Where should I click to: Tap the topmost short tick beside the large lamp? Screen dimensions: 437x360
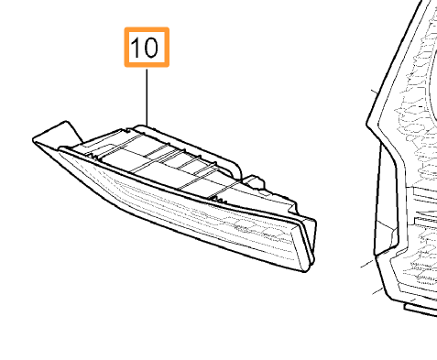tap(374, 92)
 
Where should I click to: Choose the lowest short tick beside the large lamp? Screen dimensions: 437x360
tap(376, 290)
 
